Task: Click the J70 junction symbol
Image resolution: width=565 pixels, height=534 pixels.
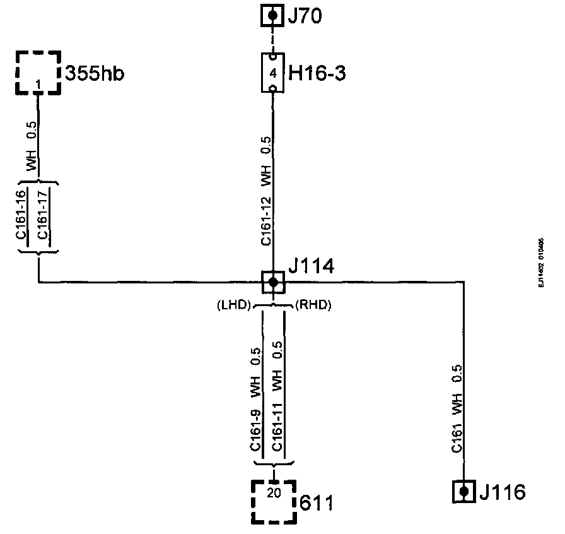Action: (x=272, y=15)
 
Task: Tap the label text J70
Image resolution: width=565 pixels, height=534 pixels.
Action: (x=305, y=15)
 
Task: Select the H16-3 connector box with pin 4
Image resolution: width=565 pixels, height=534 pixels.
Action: (x=272, y=73)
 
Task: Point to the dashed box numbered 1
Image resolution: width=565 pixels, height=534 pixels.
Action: (x=38, y=73)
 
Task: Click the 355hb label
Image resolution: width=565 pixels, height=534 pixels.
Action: (x=95, y=73)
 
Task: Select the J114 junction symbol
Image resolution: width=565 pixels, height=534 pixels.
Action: (x=273, y=282)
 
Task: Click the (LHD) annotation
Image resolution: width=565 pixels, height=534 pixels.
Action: (x=233, y=306)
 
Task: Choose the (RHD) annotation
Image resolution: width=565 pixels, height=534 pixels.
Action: (x=313, y=306)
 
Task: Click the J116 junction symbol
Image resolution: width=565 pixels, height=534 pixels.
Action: (x=464, y=491)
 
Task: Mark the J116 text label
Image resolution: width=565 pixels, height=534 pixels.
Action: (x=502, y=491)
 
